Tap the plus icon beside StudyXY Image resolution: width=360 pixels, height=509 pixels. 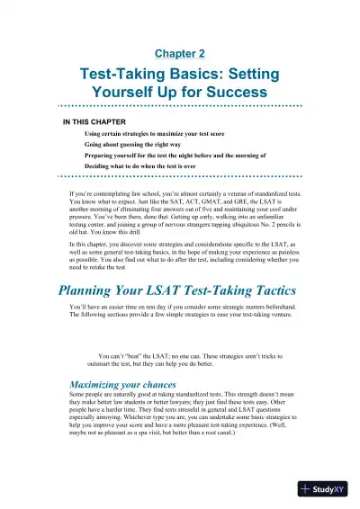pos(307,490)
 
